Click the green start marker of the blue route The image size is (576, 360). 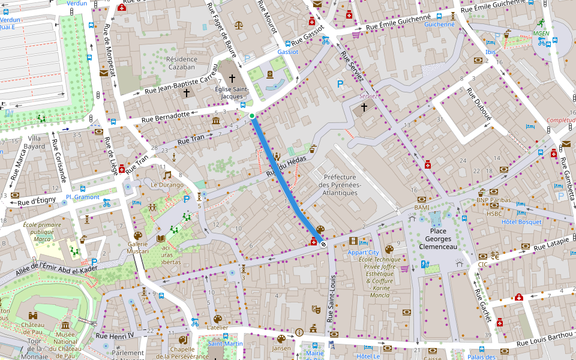(252, 115)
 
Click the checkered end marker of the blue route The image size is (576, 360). (323, 244)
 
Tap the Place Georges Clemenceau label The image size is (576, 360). (437, 239)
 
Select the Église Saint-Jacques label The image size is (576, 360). (232, 92)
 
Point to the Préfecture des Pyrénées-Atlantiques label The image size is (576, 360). (340, 185)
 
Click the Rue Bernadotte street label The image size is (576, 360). (166, 117)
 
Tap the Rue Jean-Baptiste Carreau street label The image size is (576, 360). (181, 83)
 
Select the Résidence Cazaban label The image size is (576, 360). (181, 63)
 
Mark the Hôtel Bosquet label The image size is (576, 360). (521, 221)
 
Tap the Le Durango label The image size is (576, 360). (167, 185)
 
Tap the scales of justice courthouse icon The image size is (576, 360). (239, 26)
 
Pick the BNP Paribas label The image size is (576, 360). (493, 200)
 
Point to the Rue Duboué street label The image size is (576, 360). (479, 106)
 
